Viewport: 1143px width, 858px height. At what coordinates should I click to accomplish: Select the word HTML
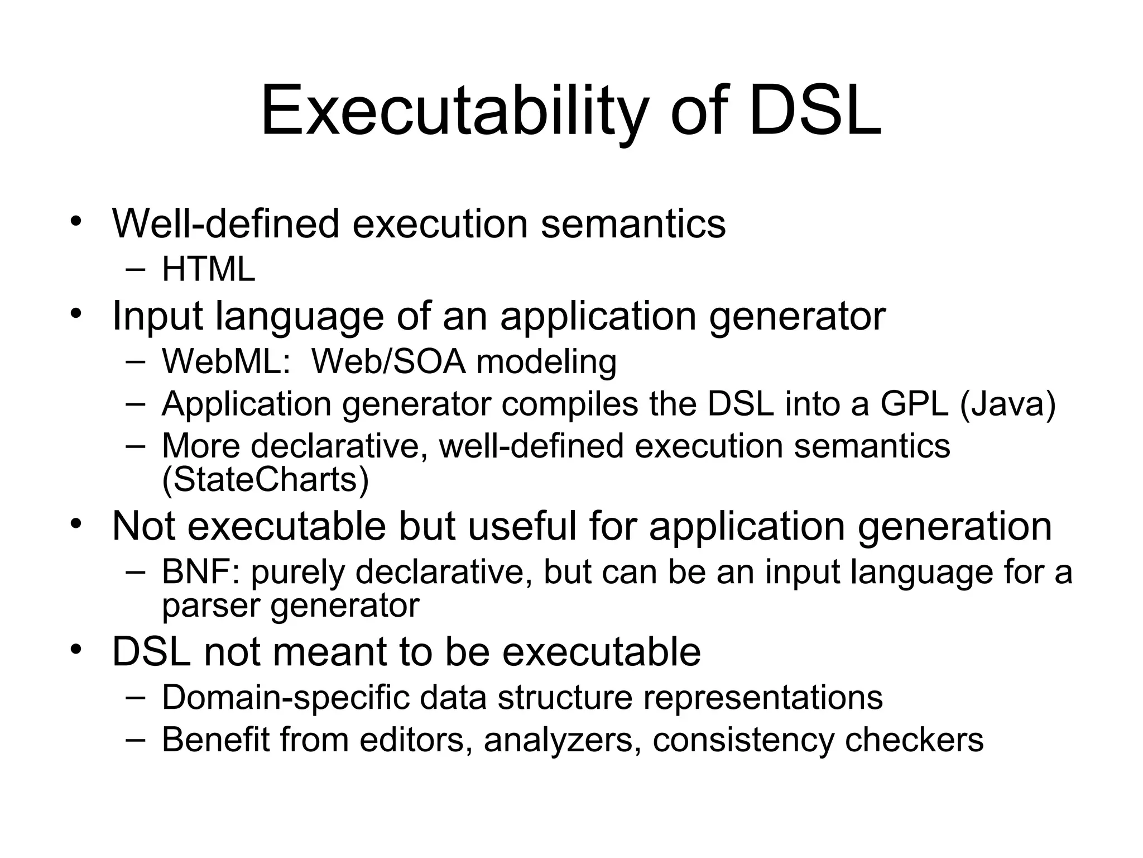coord(208,269)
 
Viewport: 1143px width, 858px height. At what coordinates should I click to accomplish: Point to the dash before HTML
coord(136,270)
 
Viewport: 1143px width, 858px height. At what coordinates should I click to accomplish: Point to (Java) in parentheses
coord(1007,404)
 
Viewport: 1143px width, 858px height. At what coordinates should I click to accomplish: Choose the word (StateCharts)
coord(265,479)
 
